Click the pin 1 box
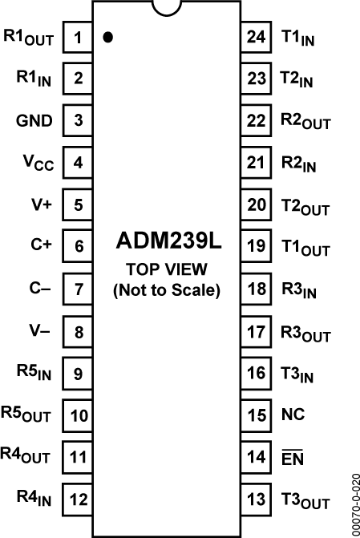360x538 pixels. tap(78, 37)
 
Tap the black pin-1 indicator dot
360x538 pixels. tap(107, 37)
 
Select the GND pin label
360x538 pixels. tap(34, 121)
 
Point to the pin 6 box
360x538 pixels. tap(78, 246)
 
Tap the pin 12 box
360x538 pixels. tap(78, 499)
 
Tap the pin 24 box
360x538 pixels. tap(256, 37)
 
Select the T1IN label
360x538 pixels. tap(297, 38)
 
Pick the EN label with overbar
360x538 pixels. tap(293, 459)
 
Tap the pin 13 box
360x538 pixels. tap(256, 499)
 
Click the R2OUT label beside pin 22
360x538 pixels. tap(305, 122)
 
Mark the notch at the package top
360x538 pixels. tap(167, 7)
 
